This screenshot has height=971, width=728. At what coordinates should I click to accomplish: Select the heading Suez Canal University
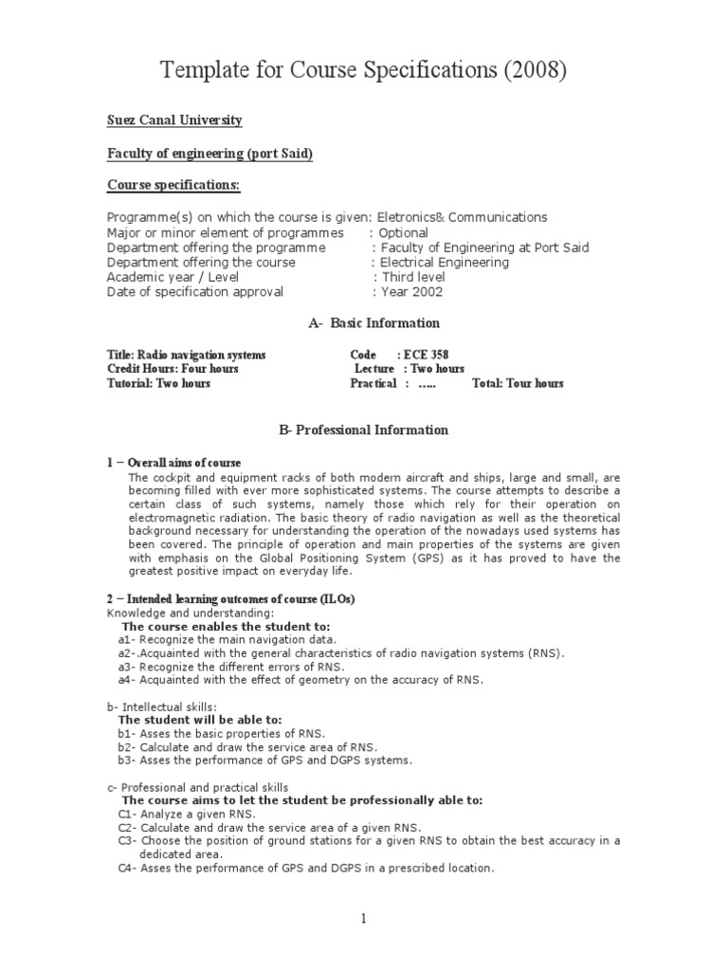tap(174, 120)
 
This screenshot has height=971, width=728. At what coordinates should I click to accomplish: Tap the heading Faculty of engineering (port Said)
tap(209, 155)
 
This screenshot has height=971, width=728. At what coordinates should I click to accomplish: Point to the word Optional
tap(403, 232)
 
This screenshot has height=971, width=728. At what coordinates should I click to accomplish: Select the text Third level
tap(412, 277)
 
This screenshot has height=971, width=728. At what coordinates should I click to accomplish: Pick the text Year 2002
tap(411, 292)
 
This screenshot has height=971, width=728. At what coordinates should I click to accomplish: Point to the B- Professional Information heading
tap(363, 431)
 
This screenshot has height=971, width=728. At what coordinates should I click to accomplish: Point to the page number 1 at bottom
tap(363, 919)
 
